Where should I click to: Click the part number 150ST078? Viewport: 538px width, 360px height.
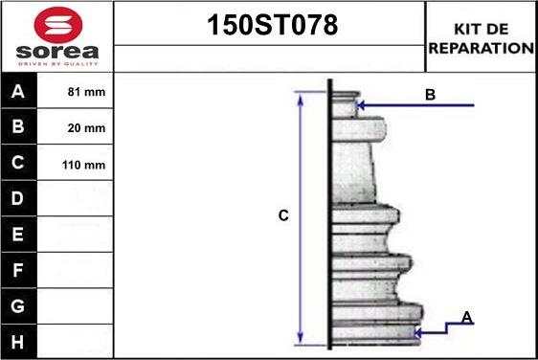click(x=273, y=25)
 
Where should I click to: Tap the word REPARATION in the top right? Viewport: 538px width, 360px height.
click(x=482, y=48)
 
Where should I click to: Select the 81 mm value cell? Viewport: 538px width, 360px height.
click(x=75, y=92)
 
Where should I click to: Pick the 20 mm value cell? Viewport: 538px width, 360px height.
click(x=75, y=127)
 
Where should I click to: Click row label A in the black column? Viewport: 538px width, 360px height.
click(x=18, y=92)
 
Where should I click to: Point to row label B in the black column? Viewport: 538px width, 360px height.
click(x=18, y=126)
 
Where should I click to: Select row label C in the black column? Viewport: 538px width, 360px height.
click(x=18, y=163)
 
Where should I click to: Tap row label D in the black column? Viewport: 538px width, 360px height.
click(x=18, y=198)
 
